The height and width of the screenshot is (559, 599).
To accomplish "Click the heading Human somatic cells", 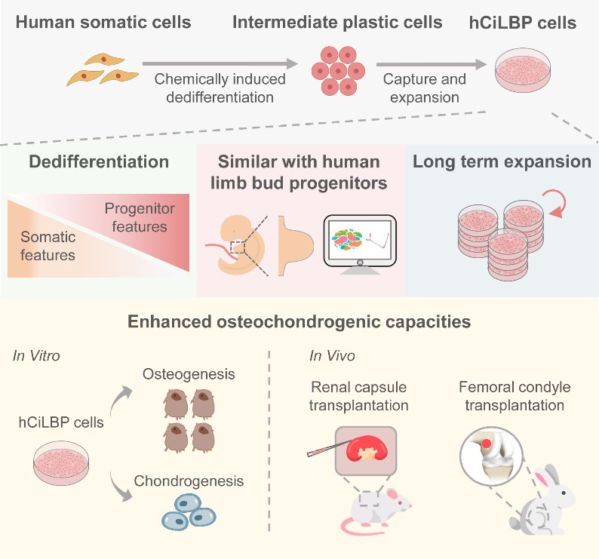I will tap(103, 23).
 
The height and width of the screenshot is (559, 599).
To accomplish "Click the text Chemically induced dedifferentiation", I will tap(213, 87).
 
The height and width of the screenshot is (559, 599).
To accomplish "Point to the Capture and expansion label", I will tap(424, 87).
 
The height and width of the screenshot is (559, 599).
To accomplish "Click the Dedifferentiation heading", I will tap(98, 161).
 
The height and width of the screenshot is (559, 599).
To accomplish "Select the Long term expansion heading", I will tap(501, 161).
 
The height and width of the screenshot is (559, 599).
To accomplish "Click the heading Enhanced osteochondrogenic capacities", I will tap(299, 322).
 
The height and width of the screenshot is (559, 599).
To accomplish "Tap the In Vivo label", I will tap(331, 355).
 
